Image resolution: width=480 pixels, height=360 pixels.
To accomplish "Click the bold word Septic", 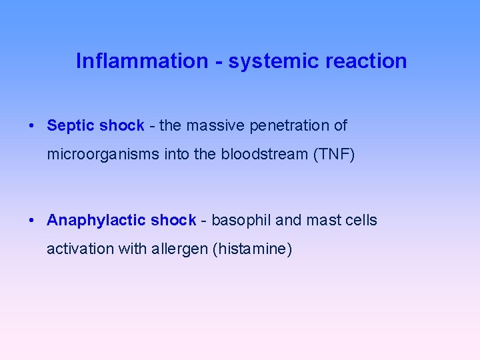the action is [x=71, y=126].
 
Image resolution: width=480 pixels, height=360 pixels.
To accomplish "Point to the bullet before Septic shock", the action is [x=31, y=126].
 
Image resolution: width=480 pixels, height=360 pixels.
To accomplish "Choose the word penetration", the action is [x=290, y=126].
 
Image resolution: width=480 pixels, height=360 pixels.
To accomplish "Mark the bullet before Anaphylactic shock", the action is [x=31, y=221].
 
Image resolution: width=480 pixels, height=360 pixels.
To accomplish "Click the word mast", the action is [x=322, y=221].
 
